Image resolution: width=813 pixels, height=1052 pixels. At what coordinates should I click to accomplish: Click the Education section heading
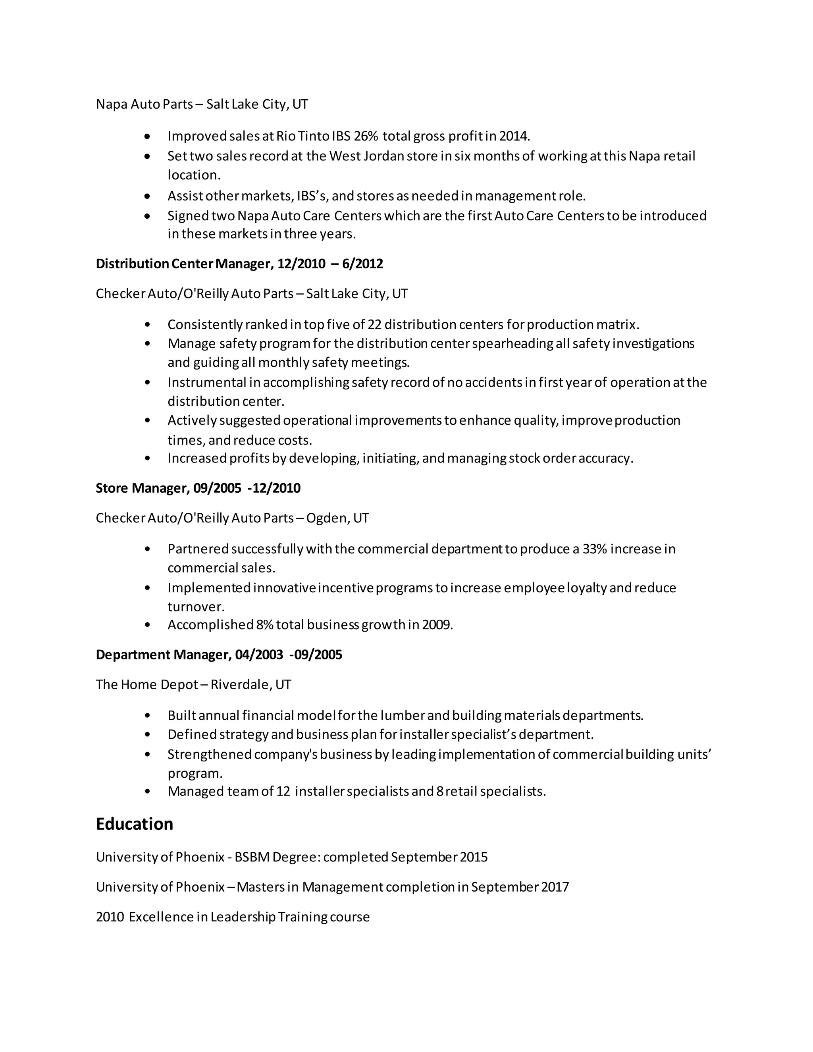pyautogui.click(x=135, y=824)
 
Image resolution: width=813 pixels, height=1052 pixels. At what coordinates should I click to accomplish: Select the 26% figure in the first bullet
pyautogui.click(x=366, y=136)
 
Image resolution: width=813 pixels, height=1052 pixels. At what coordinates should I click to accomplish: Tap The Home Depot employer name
pyautogui.click(x=147, y=684)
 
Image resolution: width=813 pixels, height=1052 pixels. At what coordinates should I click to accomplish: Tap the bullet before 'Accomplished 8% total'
pyautogui.click(x=147, y=625)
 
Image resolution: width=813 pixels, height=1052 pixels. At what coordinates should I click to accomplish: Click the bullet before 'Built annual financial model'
pyautogui.click(x=147, y=716)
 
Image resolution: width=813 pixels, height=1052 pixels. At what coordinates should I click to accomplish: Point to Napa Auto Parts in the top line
pyautogui.click(x=144, y=104)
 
